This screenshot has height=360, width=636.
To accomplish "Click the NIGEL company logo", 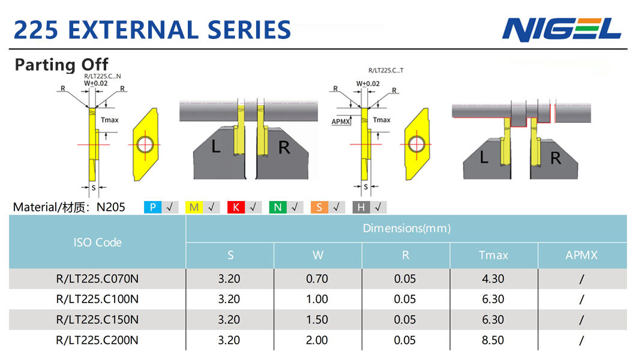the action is [x=562, y=29].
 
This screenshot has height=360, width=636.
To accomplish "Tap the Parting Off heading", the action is [x=62, y=64].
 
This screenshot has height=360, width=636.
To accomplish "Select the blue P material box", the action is [x=152, y=207].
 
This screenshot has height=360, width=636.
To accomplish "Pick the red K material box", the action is [x=236, y=207].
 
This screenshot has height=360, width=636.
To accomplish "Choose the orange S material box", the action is [x=319, y=207].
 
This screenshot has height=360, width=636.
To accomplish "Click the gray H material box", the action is [x=361, y=207].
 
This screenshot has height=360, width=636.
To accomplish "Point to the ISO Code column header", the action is [x=97, y=242].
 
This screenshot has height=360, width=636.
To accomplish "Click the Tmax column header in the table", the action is [x=493, y=255].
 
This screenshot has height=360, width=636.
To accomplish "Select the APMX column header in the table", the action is [x=581, y=255].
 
